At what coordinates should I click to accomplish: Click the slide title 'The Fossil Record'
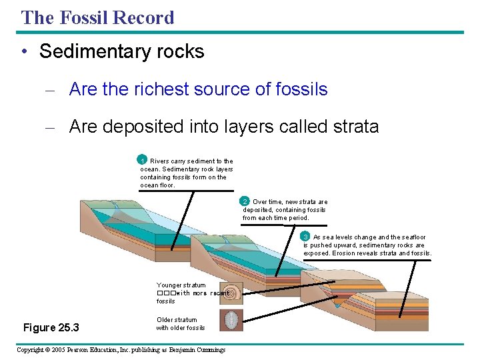pos(97,17)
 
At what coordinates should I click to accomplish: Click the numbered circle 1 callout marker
pos(142,160)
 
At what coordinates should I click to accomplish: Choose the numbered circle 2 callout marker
pos(245,201)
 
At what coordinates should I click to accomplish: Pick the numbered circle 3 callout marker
pos(305,237)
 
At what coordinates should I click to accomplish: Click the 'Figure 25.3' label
pos(51,327)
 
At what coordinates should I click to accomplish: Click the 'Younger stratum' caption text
pos(181,285)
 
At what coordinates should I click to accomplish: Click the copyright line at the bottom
pos(121,350)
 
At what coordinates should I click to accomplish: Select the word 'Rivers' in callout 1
pos(160,161)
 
